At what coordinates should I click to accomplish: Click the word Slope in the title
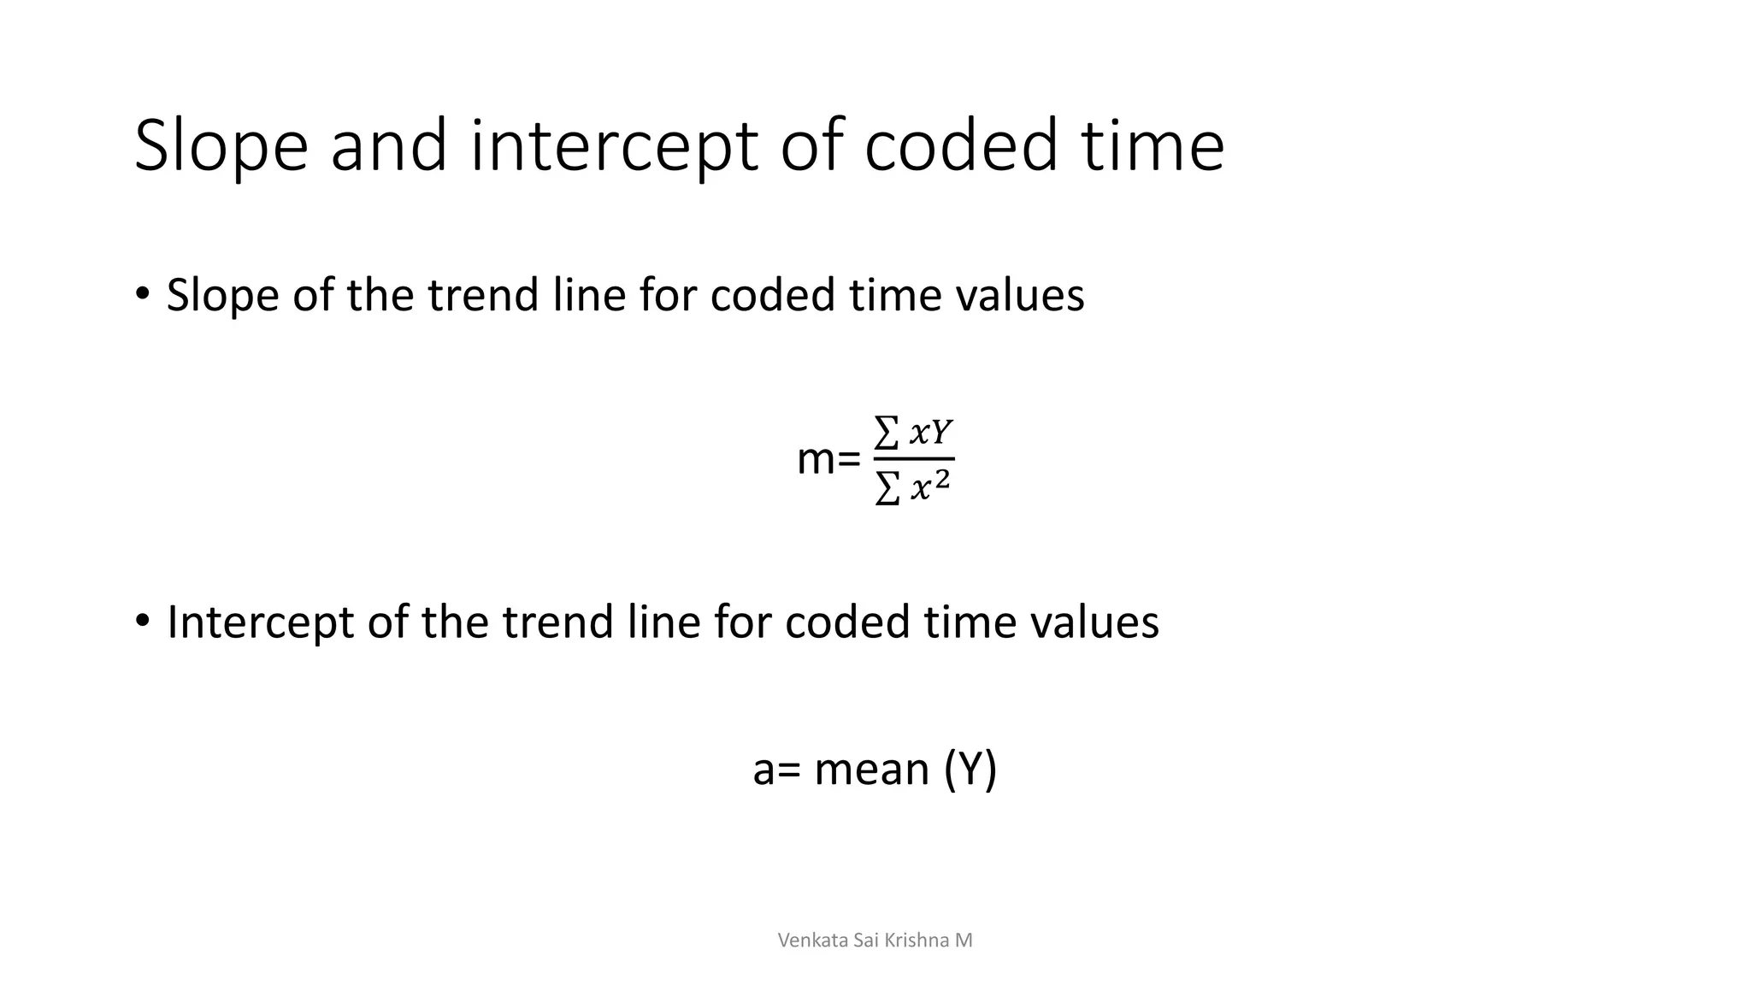(x=221, y=147)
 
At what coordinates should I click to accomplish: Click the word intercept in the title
(x=614, y=147)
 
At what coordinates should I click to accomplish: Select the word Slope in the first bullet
(x=222, y=296)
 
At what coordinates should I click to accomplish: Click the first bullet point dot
(x=142, y=294)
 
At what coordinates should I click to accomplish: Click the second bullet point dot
(x=142, y=620)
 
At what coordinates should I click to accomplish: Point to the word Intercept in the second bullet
(x=260, y=622)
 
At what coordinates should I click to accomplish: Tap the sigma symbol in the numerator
(x=887, y=434)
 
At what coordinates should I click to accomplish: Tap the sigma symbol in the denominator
(x=887, y=489)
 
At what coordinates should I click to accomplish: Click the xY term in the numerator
(x=930, y=434)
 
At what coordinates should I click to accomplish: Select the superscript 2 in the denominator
(x=941, y=480)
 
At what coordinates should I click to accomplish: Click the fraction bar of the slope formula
(x=913, y=459)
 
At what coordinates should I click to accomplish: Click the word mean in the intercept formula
(x=872, y=770)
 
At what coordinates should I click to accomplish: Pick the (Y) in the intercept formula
(x=970, y=770)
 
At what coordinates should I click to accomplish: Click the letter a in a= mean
(x=763, y=771)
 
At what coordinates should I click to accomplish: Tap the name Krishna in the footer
(x=917, y=941)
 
